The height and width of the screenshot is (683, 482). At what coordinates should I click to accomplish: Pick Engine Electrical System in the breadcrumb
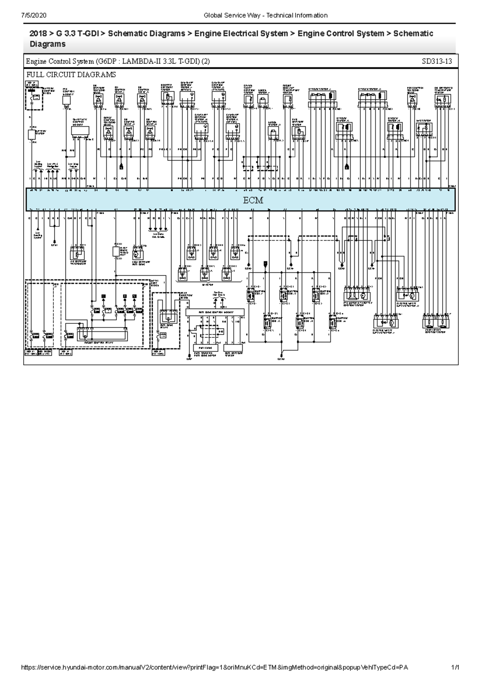coord(241,33)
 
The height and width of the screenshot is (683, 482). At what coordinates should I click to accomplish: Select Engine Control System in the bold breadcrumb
coord(341,33)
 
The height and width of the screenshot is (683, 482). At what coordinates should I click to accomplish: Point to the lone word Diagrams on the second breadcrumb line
coord(47,44)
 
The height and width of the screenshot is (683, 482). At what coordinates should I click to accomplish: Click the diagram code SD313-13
coord(437,62)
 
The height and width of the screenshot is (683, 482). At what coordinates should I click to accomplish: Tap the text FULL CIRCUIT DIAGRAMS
coord(71,74)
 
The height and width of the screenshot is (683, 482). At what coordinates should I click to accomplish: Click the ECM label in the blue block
coord(253,200)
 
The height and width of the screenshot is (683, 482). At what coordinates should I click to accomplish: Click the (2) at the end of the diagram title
coord(205,62)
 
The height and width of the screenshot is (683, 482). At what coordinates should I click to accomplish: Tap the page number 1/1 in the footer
coord(455,667)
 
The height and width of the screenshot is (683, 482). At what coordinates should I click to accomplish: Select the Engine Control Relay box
coord(102,333)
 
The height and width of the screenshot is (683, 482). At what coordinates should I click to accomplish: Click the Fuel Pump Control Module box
coord(215,312)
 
